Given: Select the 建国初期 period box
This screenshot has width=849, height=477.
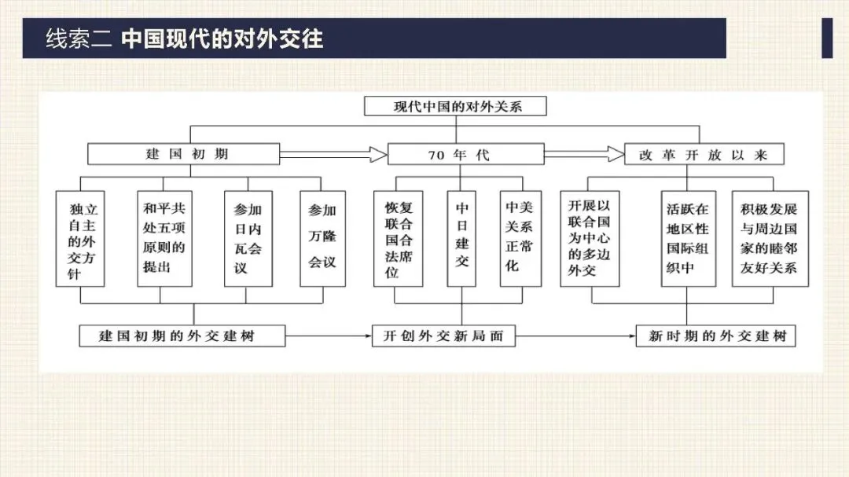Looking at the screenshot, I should coord(183,153).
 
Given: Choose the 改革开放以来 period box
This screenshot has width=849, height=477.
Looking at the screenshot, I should coord(704,154).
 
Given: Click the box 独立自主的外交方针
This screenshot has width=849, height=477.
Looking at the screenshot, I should coord(81,238).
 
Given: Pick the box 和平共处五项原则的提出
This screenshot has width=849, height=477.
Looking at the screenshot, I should coord(164,238).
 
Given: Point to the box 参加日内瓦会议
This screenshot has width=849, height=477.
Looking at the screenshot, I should coord(248,238).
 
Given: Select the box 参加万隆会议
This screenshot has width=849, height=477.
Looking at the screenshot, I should coord(322,238).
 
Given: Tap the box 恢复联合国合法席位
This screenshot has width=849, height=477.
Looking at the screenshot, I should coord(399,238).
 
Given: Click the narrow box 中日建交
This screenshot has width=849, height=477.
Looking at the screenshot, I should coord(462,238).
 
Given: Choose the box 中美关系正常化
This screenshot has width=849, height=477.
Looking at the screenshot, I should coord(519,238).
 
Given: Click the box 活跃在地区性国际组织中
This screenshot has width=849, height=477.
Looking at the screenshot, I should coord(688,238).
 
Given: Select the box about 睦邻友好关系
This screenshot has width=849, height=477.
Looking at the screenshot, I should coord(768,238).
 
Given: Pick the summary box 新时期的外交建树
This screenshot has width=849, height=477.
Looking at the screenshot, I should coord(715,336).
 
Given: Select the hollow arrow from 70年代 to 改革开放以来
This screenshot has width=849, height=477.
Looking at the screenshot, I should coord(583,153).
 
